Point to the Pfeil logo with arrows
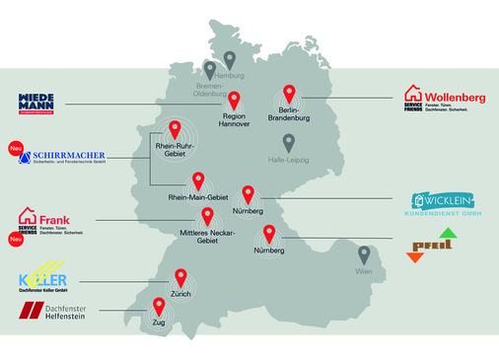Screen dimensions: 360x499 click(x=432, y=246)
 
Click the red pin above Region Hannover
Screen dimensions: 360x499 click(x=235, y=100)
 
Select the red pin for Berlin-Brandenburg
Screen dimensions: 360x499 click(x=289, y=94)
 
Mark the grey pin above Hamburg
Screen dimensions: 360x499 click(x=230, y=60)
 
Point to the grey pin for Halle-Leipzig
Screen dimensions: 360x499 click(x=288, y=143)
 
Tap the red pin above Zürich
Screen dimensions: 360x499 click(x=180, y=278)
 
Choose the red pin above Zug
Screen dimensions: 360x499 click(x=158, y=306)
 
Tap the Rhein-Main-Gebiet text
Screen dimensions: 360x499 click(x=198, y=198)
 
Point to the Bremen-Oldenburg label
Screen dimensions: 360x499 click(x=209, y=90)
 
